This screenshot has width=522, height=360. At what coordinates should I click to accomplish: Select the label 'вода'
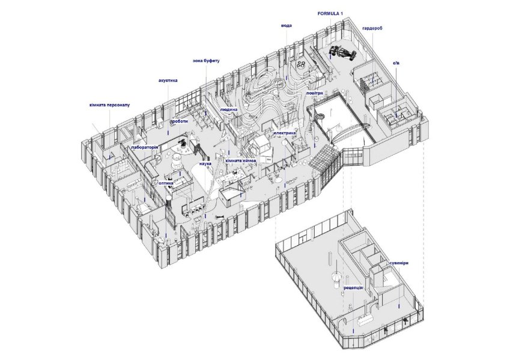point(287,26)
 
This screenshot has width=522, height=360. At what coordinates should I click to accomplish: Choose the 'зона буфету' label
point(206,61)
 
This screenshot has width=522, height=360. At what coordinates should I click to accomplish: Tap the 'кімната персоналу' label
point(109,105)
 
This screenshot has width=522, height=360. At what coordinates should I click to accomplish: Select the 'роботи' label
point(180,121)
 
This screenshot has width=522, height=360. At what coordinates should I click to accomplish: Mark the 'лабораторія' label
point(144,147)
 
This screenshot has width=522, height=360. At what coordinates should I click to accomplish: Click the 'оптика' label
point(166,183)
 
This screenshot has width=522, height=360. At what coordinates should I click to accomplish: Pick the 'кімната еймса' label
point(241,161)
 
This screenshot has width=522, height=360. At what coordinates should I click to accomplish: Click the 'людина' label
point(228,111)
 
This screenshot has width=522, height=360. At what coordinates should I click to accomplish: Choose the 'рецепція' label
point(353,288)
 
